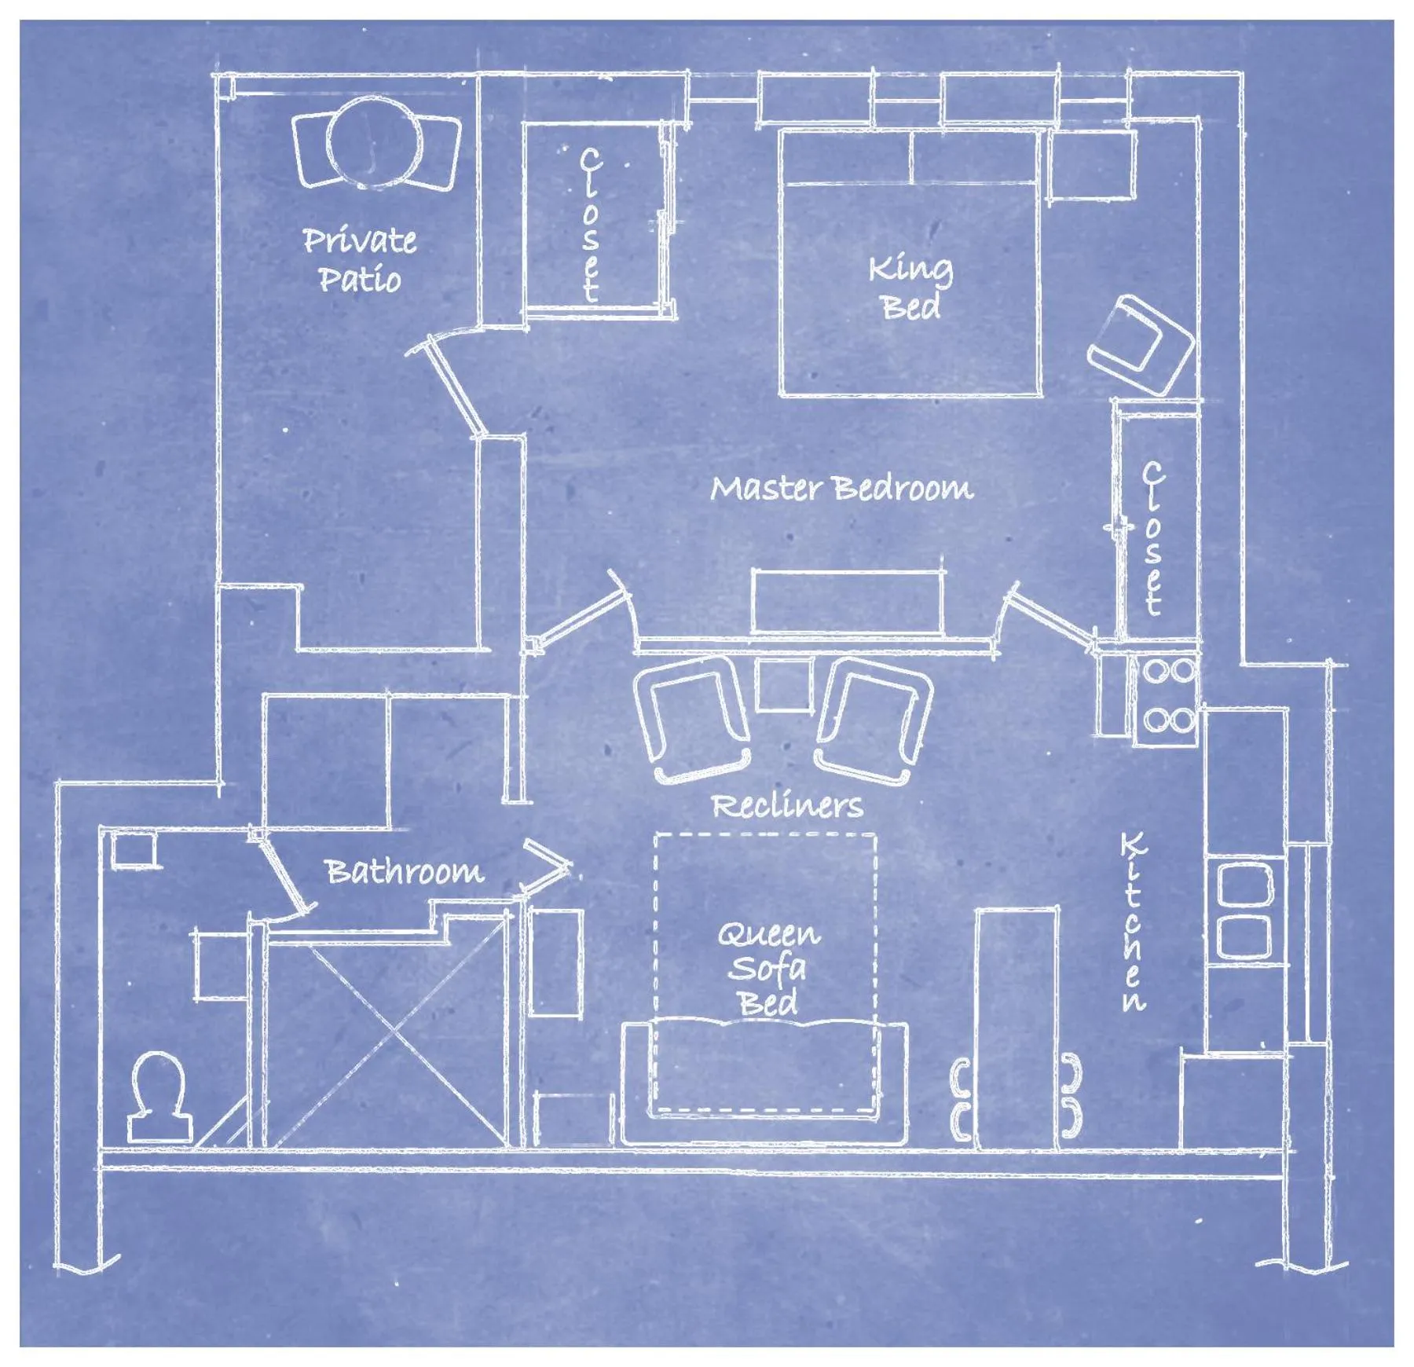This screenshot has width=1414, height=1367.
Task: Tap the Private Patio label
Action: [360, 259]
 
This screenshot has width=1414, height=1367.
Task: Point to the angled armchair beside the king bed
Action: [1141, 345]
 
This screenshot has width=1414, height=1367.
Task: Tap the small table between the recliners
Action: [783, 684]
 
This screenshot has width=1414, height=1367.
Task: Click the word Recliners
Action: [786, 806]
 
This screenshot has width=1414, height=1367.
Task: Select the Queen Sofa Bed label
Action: [767, 968]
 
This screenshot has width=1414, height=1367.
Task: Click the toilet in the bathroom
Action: [159, 1096]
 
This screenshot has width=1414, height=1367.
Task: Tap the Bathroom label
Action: [404, 871]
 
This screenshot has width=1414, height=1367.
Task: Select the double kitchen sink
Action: [1244, 911]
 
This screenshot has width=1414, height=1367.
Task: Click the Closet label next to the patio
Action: [590, 225]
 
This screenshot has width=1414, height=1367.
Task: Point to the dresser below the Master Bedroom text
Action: [847, 601]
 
